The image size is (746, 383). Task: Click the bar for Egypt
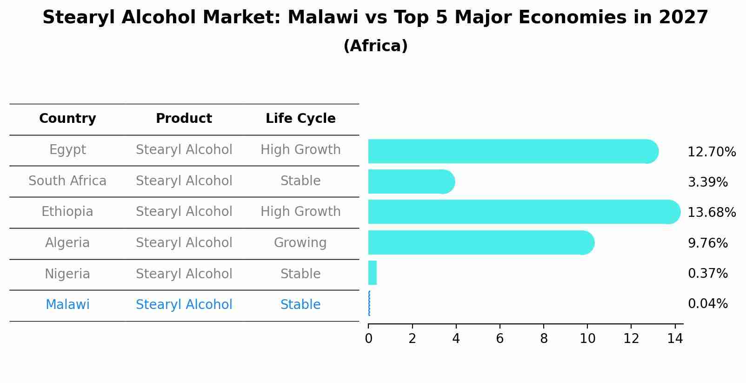tap(512, 151)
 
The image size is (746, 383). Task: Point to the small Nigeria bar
tap(372, 273)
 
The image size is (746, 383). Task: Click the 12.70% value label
tap(711, 152)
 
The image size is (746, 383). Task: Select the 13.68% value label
tap(711, 213)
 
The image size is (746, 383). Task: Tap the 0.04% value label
tap(707, 304)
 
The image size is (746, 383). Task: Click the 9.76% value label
tap(707, 243)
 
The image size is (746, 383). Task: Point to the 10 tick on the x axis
tap(587, 339)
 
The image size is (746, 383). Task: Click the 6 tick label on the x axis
tap(500, 339)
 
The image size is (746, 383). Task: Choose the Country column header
tap(67, 119)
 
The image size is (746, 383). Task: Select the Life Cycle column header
tap(300, 119)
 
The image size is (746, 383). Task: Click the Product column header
tap(184, 119)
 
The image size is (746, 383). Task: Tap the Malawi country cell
tap(67, 305)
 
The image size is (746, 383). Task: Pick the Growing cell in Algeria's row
tap(300, 243)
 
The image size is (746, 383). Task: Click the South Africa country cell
tap(67, 181)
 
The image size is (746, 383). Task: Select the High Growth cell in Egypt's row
tap(300, 150)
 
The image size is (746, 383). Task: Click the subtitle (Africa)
tap(375, 46)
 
